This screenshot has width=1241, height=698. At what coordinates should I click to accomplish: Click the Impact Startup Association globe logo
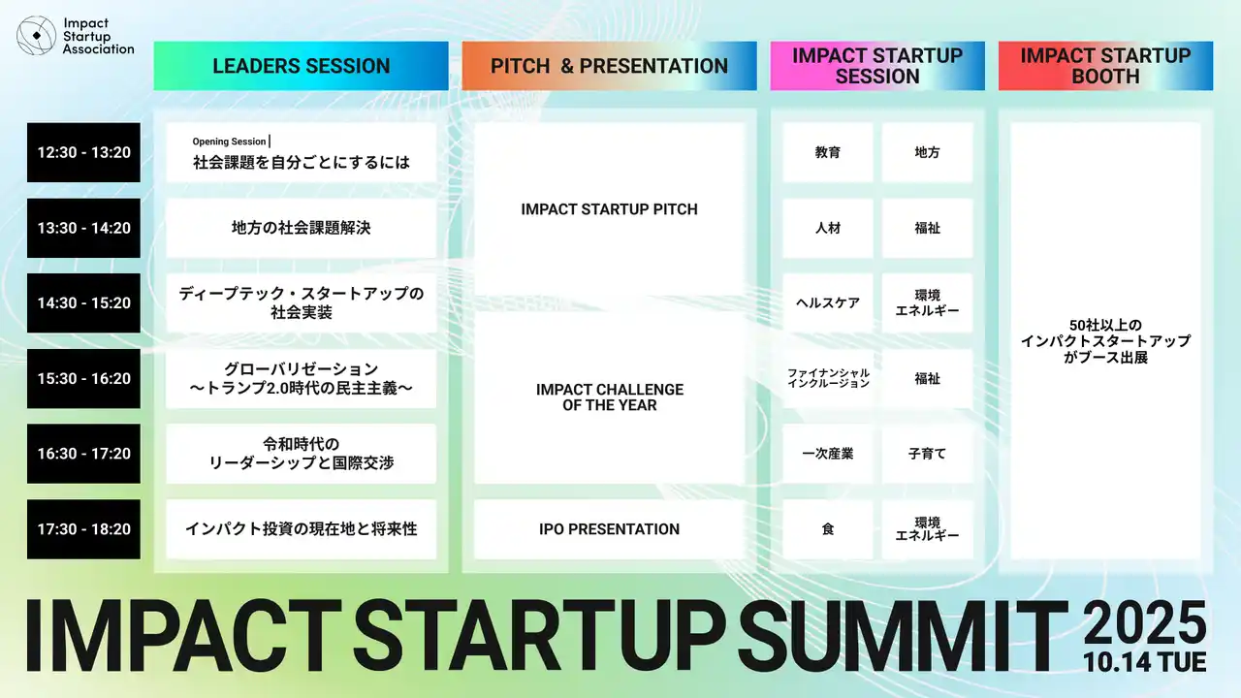(37, 36)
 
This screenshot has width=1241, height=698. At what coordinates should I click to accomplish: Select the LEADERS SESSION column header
(301, 66)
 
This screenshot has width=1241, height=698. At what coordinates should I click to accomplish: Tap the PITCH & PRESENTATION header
(609, 66)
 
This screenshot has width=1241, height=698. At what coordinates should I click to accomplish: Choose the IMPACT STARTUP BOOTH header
(1105, 66)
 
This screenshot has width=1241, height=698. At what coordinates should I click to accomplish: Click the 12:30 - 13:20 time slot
(83, 152)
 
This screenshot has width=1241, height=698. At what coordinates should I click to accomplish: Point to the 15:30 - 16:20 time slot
(83, 378)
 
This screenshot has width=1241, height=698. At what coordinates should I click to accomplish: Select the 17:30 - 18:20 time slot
(83, 529)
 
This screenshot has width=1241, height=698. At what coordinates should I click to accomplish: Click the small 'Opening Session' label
(229, 142)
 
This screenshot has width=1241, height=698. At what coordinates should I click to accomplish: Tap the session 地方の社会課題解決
(301, 228)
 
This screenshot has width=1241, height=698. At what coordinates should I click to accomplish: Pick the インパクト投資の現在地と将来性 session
(301, 529)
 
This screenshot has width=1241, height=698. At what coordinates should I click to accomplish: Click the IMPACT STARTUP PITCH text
(609, 209)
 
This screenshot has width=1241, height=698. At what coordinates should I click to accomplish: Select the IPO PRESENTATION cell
(609, 529)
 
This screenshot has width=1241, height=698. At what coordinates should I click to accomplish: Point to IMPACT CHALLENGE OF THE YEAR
(610, 397)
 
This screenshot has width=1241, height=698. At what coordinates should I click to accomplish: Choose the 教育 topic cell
(828, 152)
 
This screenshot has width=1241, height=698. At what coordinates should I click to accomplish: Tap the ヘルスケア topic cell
(828, 303)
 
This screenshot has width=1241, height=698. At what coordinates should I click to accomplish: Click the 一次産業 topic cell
(828, 454)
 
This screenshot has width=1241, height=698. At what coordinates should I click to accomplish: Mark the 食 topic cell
(828, 529)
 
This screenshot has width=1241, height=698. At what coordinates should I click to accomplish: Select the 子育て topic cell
(927, 454)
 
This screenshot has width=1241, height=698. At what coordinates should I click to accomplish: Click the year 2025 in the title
(1145, 622)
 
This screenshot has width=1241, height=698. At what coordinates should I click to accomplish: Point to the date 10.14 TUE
(1145, 662)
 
